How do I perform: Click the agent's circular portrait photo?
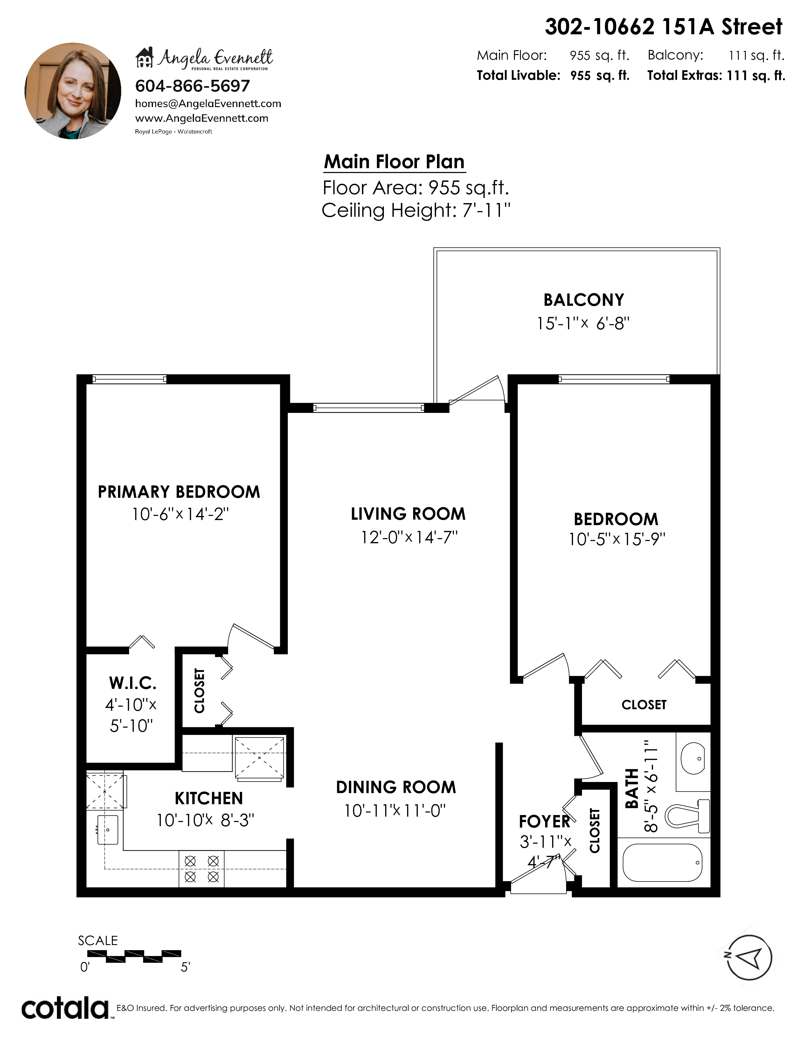click(x=73, y=91)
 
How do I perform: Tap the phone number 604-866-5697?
click(x=193, y=86)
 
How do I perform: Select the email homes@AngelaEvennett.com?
click(x=208, y=103)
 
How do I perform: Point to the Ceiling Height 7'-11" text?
click(x=416, y=210)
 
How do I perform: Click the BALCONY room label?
click(x=584, y=300)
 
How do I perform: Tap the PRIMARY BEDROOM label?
click(x=179, y=492)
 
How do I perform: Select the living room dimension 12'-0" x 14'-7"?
click(x=409, y=537)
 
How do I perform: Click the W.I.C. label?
click(x=133, y=682)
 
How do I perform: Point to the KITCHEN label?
click(x=209, y=798)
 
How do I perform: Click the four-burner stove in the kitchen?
click(x=202, y=869)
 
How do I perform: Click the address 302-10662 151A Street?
click(x=663, y=27)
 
